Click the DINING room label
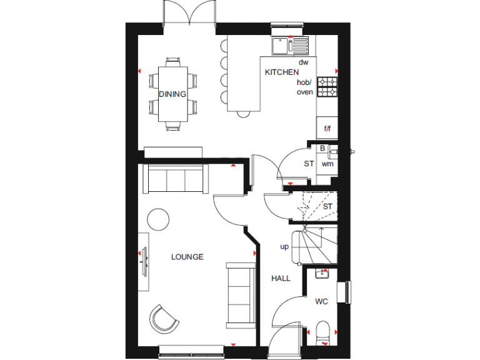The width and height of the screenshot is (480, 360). tap(172, 94)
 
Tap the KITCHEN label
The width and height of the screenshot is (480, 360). tap(278, 72)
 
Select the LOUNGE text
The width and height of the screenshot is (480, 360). tap(187, 257)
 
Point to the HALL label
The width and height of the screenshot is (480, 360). tap(281, 278)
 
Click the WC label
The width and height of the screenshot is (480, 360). tap(321, 302)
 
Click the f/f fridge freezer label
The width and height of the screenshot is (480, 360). tap(326, 129)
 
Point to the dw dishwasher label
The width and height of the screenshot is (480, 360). tap(304, 62)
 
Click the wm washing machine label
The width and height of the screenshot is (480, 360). tap(327, 164)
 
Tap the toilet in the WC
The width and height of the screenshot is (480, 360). tap(323, 329)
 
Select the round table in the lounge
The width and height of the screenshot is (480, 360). tap(158, 220)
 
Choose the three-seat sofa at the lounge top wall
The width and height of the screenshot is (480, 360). tap(174, 180)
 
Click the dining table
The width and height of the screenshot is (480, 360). tap(172, 94)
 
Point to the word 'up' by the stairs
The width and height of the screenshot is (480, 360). tap(284, 246)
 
